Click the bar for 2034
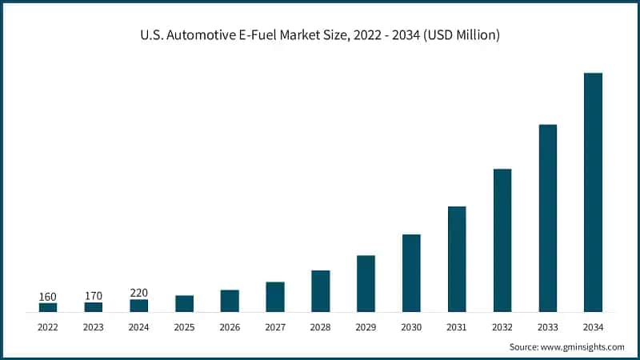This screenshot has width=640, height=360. click(x=593, y=192)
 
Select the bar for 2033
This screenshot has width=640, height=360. click(x=547, y=218)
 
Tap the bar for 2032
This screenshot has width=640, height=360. click(x=502, y=240)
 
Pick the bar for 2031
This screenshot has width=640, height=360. click(x=457, y=258)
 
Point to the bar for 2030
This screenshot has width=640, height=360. click(x=411, y=273)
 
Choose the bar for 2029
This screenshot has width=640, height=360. click(x=366, y=283)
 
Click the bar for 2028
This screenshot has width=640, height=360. click(x=320, y=290)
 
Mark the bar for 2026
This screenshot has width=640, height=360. click(x=230, y=301)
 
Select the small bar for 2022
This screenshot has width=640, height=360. click(x=48, y=307)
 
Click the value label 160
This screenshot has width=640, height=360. click(x=48, y=297)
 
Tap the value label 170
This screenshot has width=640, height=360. click(x=93, y=297)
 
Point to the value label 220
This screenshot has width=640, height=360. click(x=138, y=293)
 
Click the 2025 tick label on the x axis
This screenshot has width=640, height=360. click(x=184, y=326)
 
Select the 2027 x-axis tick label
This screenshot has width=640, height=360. click(x=275, y=326)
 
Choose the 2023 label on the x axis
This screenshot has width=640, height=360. click(x=93, y=326)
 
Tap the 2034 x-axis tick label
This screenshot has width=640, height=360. click(x=593, y=326)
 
